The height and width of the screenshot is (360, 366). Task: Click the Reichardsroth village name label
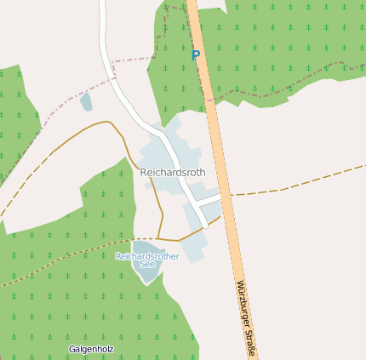pos(173,173)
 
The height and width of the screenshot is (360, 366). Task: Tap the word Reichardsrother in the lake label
pos(147,255)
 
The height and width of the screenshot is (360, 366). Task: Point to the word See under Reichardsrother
pos(147,264)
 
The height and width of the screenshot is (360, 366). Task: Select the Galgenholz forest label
pos(91,349)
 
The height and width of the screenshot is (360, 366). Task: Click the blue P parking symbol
pos(195,55)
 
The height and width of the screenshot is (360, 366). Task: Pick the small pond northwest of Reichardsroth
pos(86,102)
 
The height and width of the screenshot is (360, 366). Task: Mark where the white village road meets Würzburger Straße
pos(221,197)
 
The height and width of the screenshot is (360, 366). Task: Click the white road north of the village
pos(106,34)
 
